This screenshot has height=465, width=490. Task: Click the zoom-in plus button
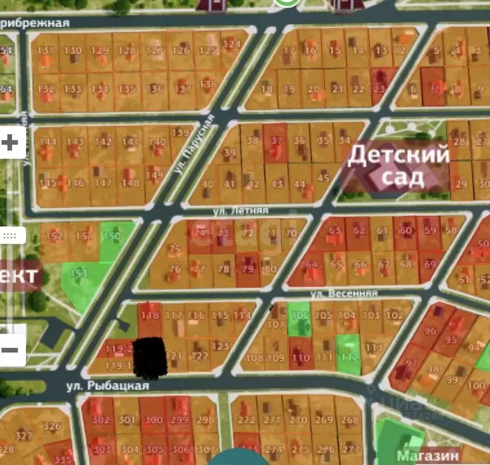click(10, 143)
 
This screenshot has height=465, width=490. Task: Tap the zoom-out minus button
click(10, 350)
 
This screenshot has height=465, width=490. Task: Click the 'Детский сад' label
click(399, 166)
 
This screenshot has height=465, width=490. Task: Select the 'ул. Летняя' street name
click(240, 210)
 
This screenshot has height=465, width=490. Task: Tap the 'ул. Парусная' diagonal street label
click(194, 144)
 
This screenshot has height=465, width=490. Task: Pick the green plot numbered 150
click(113, 238)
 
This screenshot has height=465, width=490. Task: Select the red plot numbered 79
click(248, 268)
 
